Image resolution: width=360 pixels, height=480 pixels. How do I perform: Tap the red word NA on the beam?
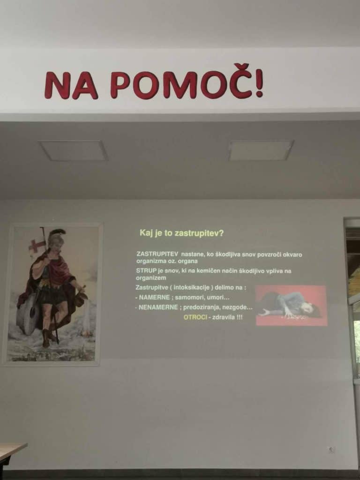(71, 85)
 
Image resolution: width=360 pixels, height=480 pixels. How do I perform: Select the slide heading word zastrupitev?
(199, 233)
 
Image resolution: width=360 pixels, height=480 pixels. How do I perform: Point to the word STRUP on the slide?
(146, 271)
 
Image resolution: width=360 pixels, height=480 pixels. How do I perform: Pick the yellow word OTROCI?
(195, 317)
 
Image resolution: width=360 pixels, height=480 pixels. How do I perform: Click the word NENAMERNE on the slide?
(158, 307)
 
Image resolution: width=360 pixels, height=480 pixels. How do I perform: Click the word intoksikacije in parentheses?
(191, 287)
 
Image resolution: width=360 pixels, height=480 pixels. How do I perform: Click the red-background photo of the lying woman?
(291, 305)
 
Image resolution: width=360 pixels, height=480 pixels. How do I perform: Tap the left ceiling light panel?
(74, 150)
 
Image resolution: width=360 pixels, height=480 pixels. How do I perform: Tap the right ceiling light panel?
(261, 150)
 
